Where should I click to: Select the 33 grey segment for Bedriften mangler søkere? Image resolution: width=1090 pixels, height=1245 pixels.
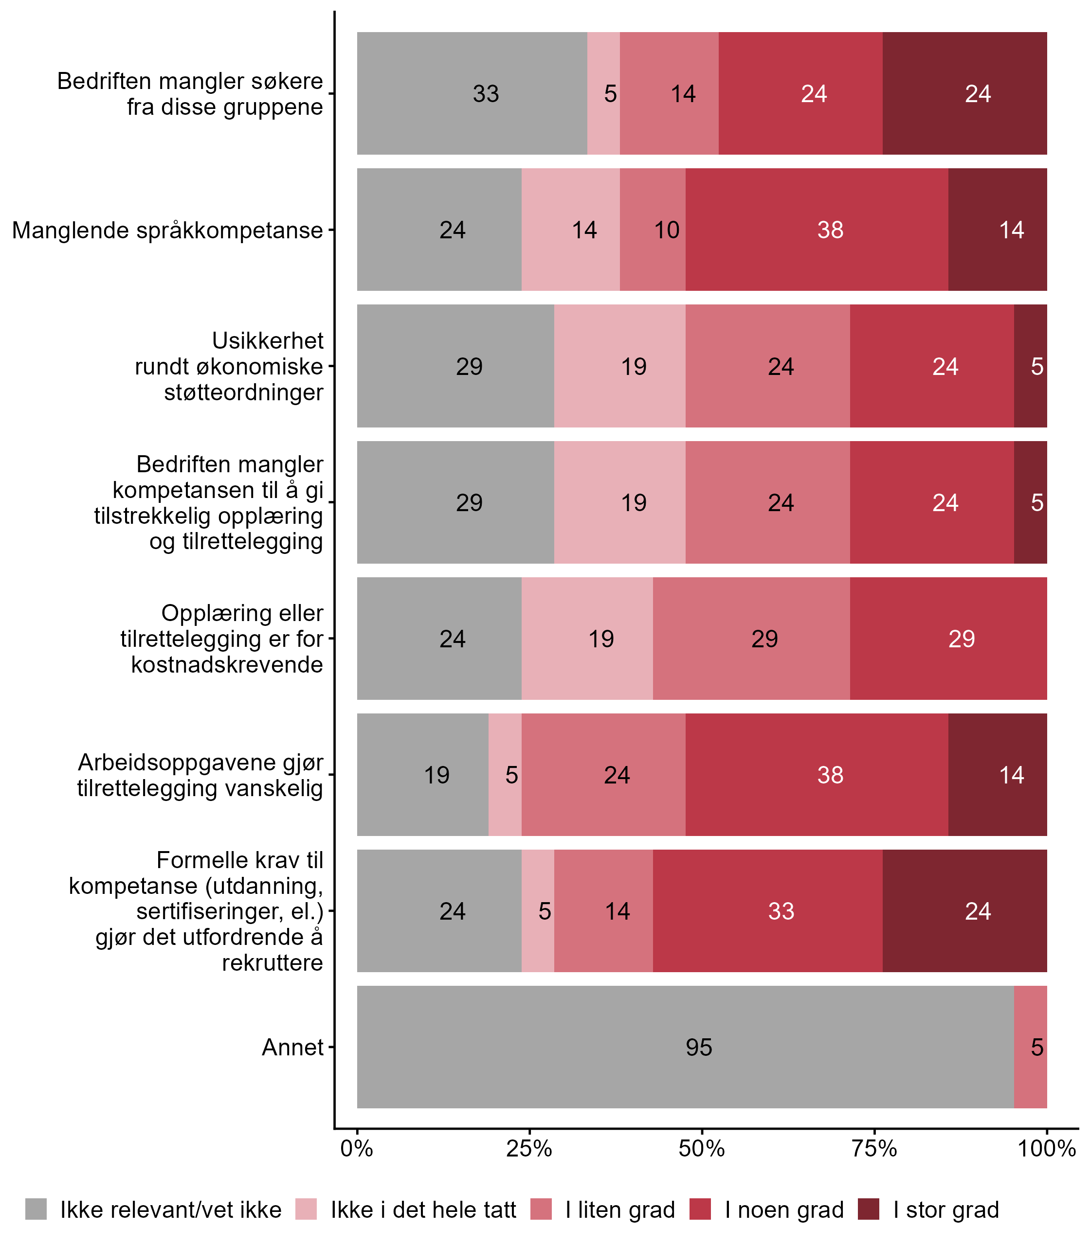[472, 93]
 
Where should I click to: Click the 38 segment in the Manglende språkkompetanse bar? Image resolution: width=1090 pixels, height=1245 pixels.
[817, 230]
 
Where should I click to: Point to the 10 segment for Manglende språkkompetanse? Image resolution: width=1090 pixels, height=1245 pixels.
[653, 230]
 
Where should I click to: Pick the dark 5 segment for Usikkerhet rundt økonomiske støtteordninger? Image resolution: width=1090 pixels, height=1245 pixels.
[1031, 366]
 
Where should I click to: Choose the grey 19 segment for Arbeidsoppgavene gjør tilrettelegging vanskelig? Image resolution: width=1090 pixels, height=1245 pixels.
[423, 774]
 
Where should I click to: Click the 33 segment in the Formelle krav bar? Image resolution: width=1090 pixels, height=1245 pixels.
[768, 910]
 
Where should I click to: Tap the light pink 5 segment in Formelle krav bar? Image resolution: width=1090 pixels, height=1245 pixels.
[538, 910]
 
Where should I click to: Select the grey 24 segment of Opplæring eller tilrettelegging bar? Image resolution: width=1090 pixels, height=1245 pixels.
[439, 638]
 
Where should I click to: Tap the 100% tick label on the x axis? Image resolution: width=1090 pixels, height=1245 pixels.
[1047, 1149]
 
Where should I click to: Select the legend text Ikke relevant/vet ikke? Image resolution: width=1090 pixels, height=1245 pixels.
[171, 1210]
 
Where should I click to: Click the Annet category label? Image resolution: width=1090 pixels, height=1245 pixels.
[292, 1048]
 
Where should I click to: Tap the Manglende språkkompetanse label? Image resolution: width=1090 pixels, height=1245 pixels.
[167, 231]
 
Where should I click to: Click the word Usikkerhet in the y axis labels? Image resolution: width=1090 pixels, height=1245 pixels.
[268, 341]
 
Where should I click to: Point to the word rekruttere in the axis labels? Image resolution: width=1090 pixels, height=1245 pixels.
[272, 963]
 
